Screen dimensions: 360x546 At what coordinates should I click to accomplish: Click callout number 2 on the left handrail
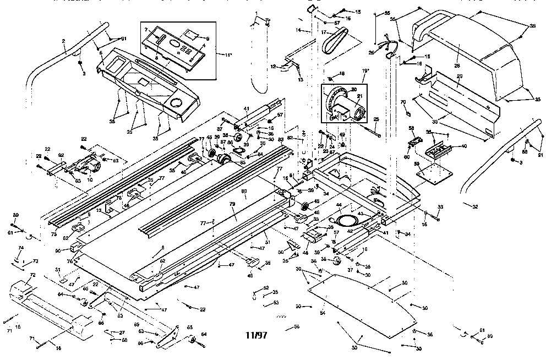coord(63,41)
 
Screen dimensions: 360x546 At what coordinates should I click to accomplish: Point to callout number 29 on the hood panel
coord(460,75)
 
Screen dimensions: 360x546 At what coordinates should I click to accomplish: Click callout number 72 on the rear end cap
coord(32,275)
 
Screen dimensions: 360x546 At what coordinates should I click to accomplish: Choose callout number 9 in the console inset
coord(207,39)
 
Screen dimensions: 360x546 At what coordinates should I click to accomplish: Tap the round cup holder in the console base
coord(177,103)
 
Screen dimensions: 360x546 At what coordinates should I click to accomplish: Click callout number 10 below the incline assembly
coord(90,179)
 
